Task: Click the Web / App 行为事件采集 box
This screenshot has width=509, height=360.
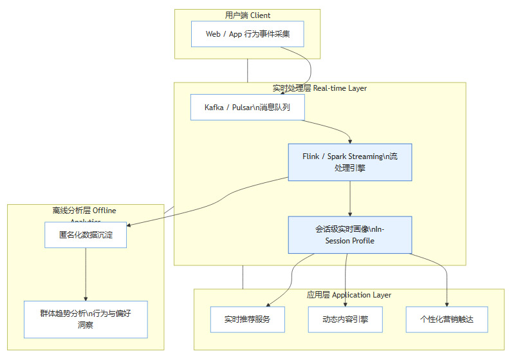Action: click(x=247, y=33)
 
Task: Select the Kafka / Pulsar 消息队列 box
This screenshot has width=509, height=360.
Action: click(x=247, y=108)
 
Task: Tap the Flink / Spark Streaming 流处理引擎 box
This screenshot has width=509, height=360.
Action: click(x=350, y=162)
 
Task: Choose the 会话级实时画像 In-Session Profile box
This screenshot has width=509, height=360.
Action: click(x=350, y=234)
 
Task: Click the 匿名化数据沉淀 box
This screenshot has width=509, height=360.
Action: click(x=86, y=235)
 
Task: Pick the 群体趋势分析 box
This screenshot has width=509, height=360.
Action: click(x=86, y=319)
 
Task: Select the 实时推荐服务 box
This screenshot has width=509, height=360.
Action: click(x=247, y=319)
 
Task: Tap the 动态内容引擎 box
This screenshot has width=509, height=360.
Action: click(x=346, y=319)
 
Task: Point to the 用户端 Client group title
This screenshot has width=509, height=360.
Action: click(x=248, y=15)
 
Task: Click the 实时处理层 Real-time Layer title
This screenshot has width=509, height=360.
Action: click(x=320, y=88)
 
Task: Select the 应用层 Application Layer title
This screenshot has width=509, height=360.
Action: click(x=349, y=295)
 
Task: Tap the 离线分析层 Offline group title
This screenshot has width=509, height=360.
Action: click(x=84, y=211)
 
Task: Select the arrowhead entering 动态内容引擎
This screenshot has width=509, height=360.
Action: click(x=346, y=303)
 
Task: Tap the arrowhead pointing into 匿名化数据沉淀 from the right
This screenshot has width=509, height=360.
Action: click(x=130, y=225)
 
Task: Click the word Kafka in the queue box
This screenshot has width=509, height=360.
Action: click(x=214, y=108)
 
